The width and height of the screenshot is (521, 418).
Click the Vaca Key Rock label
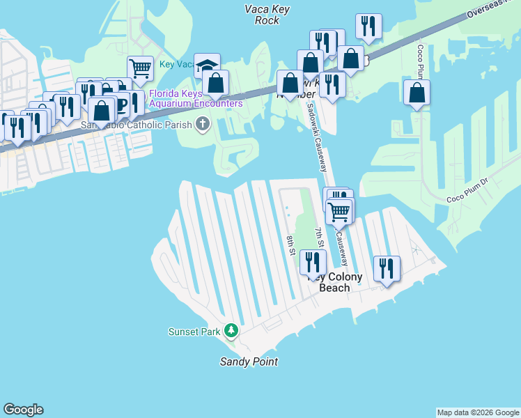click(x=262, y=15)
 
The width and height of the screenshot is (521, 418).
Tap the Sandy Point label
click(x=249, y=362)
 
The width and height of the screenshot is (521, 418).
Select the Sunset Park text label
click(x=194, y=332)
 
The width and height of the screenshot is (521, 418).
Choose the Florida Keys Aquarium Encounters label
click(x=196, y=98)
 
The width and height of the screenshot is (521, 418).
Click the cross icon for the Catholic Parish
click(x=203, y=125)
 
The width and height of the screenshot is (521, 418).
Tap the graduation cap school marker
click(x=207, y=66)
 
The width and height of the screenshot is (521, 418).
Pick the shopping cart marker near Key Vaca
click(x=140, y=69)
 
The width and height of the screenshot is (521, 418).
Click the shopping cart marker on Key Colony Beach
click(x=339, y=210)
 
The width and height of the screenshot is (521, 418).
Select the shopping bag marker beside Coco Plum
click(x=417, y=93)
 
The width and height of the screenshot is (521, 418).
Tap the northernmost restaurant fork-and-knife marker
click(x=368, y=26)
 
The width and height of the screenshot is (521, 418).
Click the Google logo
click(x=23, y=410)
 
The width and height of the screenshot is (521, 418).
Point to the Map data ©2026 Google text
click(x=478, y=412)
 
